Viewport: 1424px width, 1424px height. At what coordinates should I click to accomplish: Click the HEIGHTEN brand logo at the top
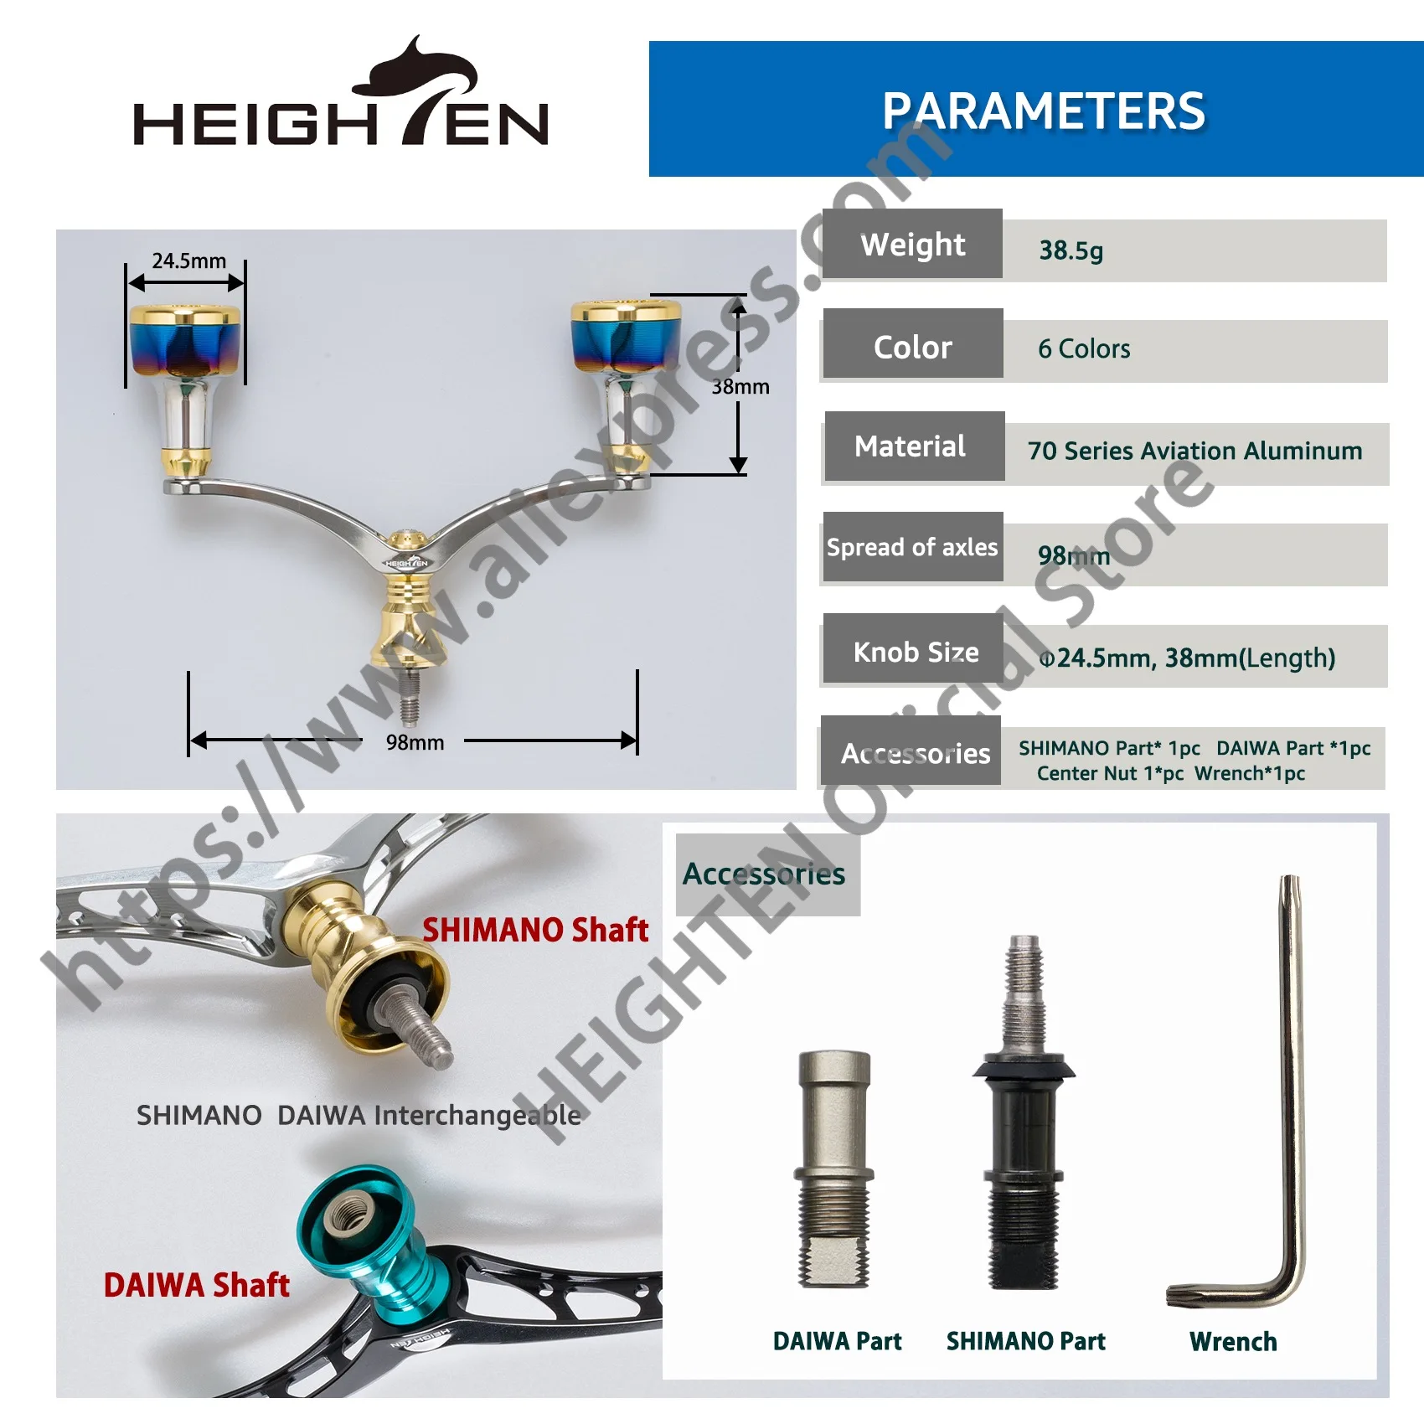pyautogui.click(x=341, y=92)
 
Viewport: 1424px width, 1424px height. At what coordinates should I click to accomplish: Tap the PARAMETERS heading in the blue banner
pyautogui.click(x=1044, y=111)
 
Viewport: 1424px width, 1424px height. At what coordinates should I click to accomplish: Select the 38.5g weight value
pyautogui.click(x=1071, y=250)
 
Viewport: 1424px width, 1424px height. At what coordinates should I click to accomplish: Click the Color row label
pyautogui.click(x=913, y=347)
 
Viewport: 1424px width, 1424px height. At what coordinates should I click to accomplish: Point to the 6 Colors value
pyautogui.click(x=1084, y=348)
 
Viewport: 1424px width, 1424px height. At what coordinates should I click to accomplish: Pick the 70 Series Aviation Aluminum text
pyautogui.click(x=1194, y=451)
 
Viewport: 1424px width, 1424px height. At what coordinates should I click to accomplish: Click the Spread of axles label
pyautogui.click(x=912, y=547)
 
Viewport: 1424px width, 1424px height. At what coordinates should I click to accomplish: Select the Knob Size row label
pyautogui.click(x=915, y=652)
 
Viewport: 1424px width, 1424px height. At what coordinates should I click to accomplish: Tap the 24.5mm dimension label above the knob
pyautogui.click(x=188, y=261)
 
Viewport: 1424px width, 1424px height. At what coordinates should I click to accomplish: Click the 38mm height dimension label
pyautogui.click(x=740, y=386)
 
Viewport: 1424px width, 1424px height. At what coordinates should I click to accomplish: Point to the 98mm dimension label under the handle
pyautogui.click(x=415, y=742)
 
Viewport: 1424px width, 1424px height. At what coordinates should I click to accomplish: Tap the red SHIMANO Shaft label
pyautogui.click(x=535, y=930)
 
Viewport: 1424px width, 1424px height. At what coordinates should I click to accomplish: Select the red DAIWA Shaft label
pyautogui.click(x=196, y=1285)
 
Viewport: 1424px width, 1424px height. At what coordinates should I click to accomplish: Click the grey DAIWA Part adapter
pyautogui.click(x=834, y=1169)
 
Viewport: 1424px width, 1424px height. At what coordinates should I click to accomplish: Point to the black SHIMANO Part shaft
pyautogui.click(x=1024, y=1114)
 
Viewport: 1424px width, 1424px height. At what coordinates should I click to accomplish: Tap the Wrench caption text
pyautogui.click(x=1233, y=1342)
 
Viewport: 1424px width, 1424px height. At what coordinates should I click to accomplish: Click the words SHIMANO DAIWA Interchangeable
pyautogui.click(x=359, y=1116)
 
